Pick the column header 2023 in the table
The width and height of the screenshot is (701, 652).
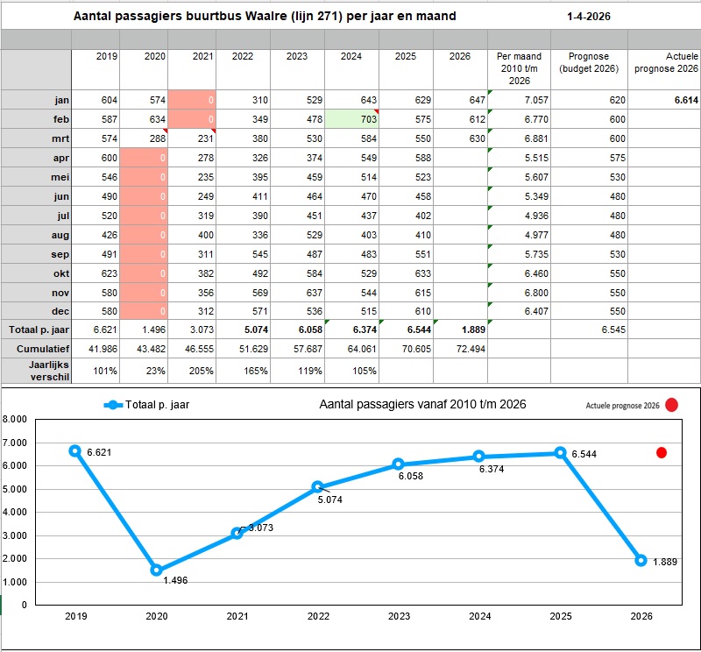296,57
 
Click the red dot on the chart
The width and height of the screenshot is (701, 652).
662,453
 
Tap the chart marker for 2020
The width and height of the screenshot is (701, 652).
155,570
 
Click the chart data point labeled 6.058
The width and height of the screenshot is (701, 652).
398,464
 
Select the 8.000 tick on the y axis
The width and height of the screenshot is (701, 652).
15,419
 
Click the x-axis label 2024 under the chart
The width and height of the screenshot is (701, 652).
479,617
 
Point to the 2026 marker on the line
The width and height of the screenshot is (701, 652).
641,560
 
